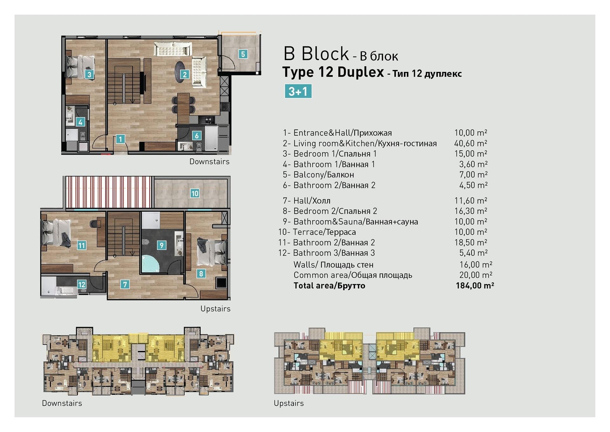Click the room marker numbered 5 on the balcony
point(243,54)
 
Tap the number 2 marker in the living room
point(185,74)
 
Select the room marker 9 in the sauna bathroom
point(162,245)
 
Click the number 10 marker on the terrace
point(195,193)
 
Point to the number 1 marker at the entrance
point(120,139)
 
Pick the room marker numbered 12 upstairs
point(82,284)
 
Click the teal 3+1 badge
point(298,91)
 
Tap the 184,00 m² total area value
point(475,285)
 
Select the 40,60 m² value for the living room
point(471,143)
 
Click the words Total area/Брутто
point(329,285)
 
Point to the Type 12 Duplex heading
point(333,72)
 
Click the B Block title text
point(316,53)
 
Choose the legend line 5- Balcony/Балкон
point(318,175)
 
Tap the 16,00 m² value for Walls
point(476,264)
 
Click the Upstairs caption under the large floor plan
point(215,309)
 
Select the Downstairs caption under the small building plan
point(62,403)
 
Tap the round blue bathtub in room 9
point(150,264)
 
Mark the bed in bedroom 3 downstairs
point(80,66)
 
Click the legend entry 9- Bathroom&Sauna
point(350,222)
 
